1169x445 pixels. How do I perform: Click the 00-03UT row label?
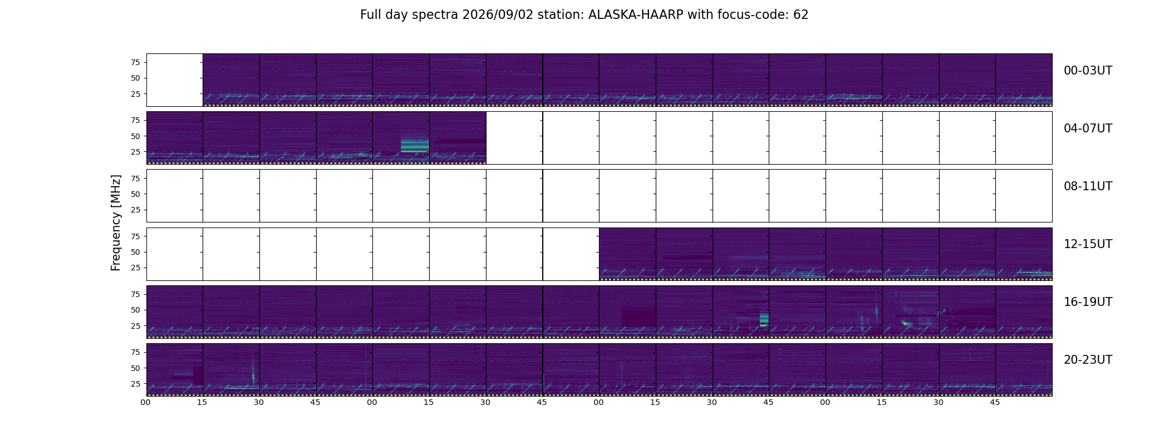pyautogui.click(x=1088, y=71)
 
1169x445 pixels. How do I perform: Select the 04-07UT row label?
pyautogui.click(x=1088, y=128)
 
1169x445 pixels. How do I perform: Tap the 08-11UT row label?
pyautogui.click(x=1088, y=186)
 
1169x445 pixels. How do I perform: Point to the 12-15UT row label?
pyautogui.click(x=1088, y=244)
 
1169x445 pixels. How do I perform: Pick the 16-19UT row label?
pyautogui.click(x=1088, y=302)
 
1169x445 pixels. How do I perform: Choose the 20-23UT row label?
pyautogui.click(x=1088, y=360)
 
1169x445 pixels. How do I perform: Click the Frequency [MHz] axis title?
pyautogui.click(x=116, y=223)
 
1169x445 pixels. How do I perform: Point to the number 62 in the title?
pyautogui.click(x=801, y=15)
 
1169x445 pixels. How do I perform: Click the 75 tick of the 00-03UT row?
pyautogui.click(x=135, y=62)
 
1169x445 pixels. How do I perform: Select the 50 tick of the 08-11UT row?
pyautogui.click(x=135, y=194)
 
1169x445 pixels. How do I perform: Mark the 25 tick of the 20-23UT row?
pyautogui.click(x=135, y=384)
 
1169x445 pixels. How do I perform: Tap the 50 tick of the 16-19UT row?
pyautogui.click(x=135, y=310)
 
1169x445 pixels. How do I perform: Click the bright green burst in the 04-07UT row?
pyautogui.click(x=415, y=144)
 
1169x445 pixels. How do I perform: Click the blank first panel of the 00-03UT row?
pyautogui.click(x=175, y=80)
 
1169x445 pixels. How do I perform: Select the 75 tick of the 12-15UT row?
pyautogui.click(x=135, y=236)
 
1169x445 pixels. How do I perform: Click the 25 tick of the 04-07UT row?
pyautogui.click(x=135, y=152)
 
